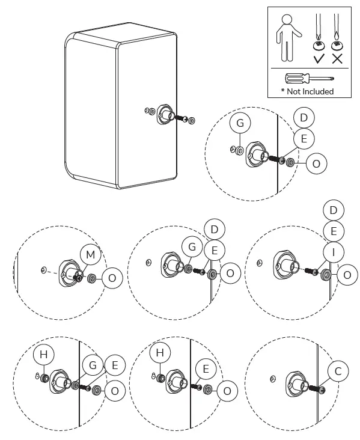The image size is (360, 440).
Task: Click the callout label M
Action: [x=91, y=255]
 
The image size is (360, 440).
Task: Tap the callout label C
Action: [x=338, y=371]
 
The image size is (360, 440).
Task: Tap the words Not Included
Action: [x=308, y=91]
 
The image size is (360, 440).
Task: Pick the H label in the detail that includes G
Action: [x=43, y=355]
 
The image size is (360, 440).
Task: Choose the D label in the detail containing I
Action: [x=334, y=209]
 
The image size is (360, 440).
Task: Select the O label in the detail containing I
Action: [x=347, y=274]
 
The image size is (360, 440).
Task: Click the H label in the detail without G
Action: [x=160, y=354]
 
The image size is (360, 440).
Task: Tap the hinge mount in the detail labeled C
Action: [x=294, y=382]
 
